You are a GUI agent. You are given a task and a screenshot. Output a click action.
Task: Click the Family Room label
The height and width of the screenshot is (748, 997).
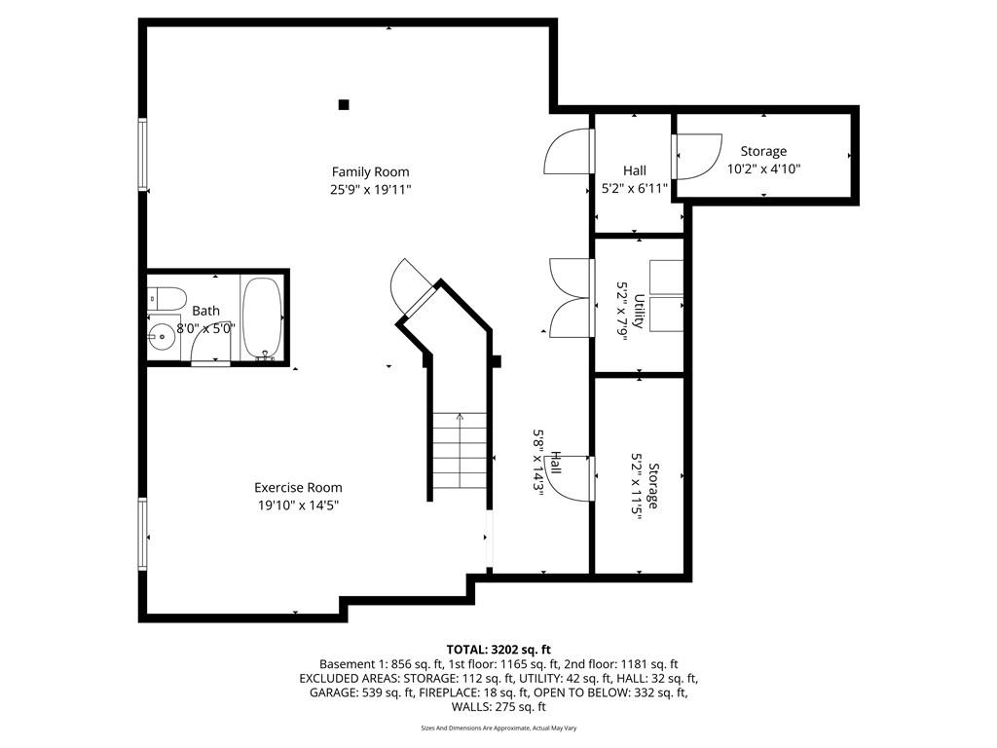point(370,171)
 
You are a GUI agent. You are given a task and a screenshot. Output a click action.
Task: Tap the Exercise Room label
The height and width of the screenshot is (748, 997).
point(298,488)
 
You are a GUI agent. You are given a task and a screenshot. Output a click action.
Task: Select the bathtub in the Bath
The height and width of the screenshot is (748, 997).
point(262,318)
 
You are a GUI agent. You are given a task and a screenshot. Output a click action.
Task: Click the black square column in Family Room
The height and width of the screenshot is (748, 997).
point(344,105)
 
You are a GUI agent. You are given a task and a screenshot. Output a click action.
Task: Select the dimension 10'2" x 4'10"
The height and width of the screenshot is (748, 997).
point(763,169)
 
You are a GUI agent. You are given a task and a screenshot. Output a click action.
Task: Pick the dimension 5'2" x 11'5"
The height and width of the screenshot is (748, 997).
point(637,486)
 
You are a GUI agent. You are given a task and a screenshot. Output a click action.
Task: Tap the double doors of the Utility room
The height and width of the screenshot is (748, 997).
point(572,298)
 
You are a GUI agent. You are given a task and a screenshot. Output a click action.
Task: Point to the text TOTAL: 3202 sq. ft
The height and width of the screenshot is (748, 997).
point(498,650)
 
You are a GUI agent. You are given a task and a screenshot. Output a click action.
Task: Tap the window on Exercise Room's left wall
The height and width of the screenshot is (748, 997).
point(142,533)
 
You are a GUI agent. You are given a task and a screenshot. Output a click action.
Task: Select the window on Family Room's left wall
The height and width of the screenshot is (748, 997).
point(142,154)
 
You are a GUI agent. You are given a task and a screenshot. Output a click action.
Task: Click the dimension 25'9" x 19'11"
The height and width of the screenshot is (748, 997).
point(371,189)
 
